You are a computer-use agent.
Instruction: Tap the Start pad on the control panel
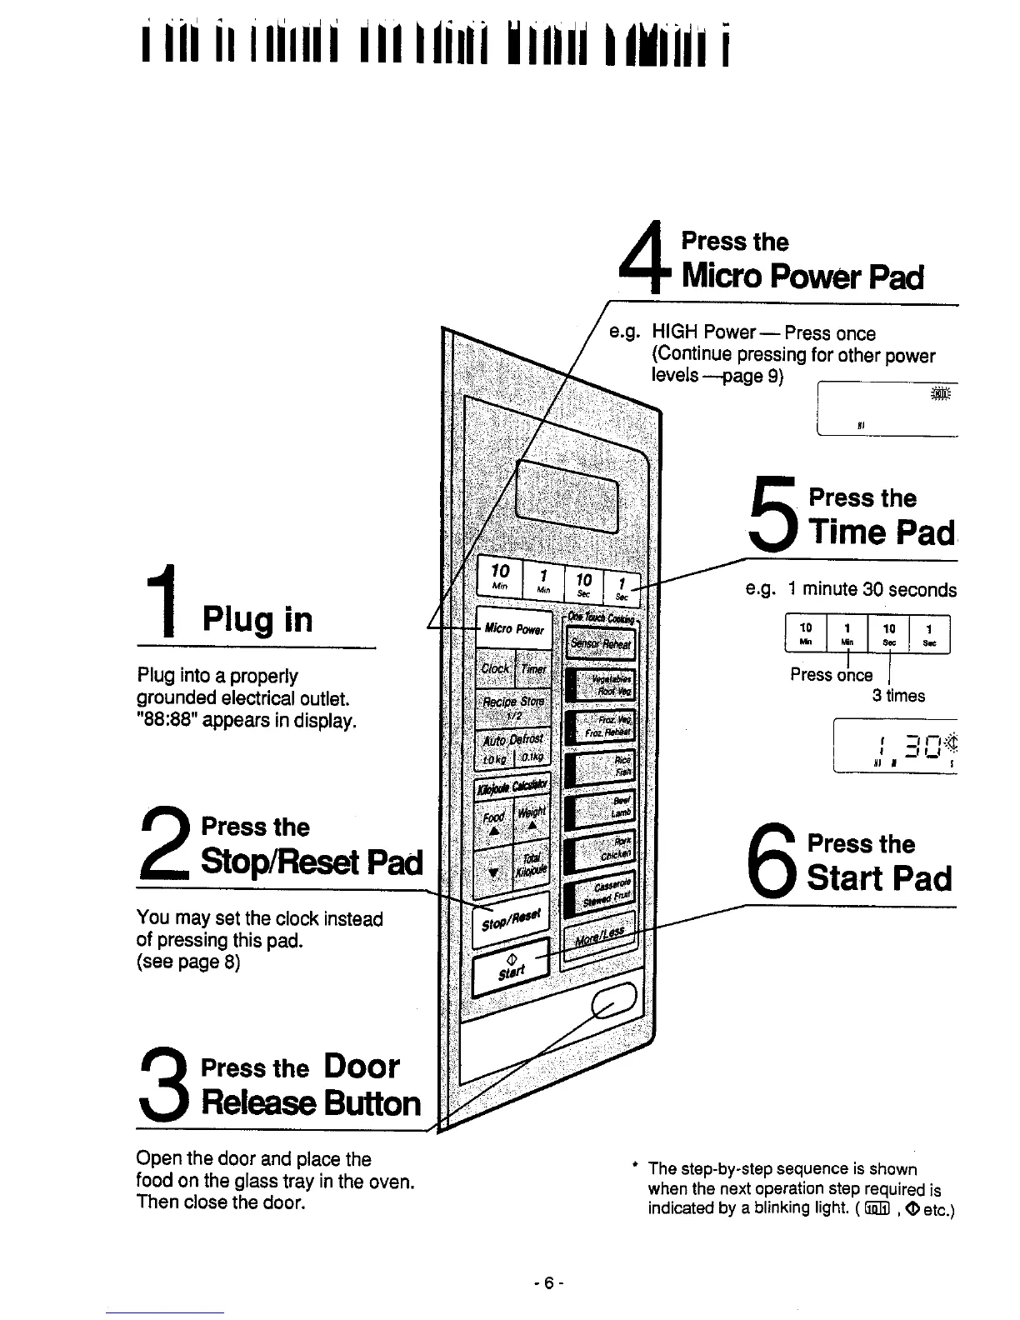510,967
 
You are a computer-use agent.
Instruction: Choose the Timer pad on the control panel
532,667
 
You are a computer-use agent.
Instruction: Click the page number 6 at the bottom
548,1284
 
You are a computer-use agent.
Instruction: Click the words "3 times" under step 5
898,695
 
